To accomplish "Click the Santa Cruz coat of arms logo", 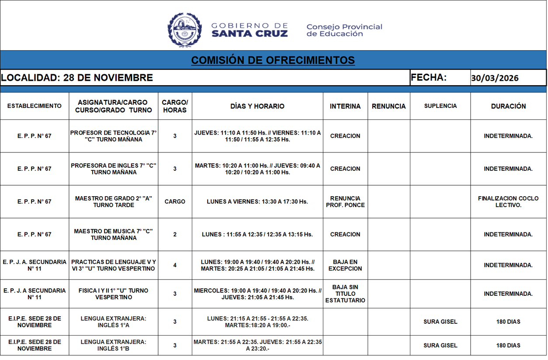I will [184, 30].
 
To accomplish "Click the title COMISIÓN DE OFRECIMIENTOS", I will [273, 60].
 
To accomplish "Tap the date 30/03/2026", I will [495, 78].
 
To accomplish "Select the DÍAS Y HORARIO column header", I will [257, 106].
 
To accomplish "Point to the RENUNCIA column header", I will [388, 106].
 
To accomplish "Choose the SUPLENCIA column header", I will [440, 106].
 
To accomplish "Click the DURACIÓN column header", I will [508, 106].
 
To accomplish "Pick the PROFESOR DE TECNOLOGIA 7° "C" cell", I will [113, 136].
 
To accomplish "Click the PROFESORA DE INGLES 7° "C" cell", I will [113, 169].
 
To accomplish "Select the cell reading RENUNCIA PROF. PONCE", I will [345, 201].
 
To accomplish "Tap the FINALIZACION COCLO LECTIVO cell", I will [508, 201].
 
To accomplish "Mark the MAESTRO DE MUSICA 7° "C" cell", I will [113, 234].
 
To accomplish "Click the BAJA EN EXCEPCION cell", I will [345, 265].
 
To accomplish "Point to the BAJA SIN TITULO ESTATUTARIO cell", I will [345, 294].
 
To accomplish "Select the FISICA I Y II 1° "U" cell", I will [113, 294].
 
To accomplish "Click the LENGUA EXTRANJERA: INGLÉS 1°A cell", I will [113, 322].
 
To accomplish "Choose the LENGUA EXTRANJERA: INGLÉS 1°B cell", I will [113, 345].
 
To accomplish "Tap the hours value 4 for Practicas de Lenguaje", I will [175, 265].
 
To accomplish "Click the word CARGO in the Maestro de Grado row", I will [175, 201].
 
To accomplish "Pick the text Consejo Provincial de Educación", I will [344, 30].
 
